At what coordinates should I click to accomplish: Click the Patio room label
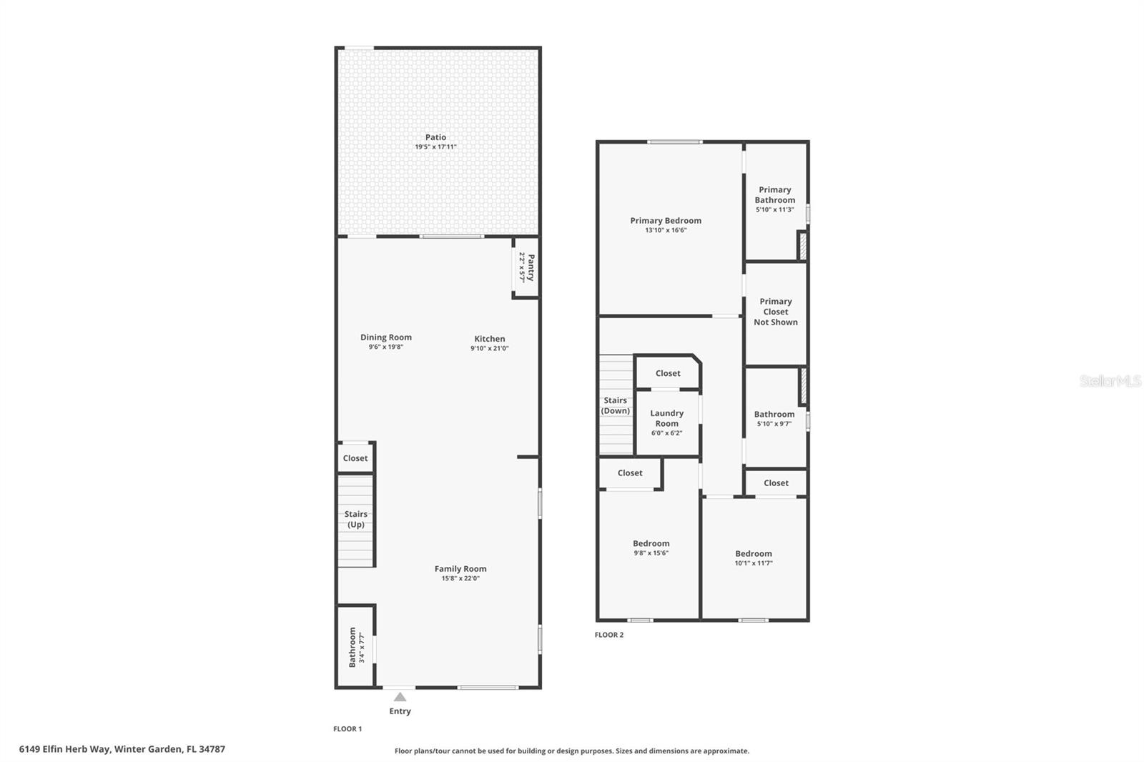coord(435,137)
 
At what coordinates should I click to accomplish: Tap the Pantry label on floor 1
coord(531,267)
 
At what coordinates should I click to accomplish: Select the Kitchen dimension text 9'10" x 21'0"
coord(489,349)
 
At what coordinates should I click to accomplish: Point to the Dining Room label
coord(385,337)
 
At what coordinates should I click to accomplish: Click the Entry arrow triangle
coord(400,697)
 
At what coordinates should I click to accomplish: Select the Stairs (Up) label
coord(355,519)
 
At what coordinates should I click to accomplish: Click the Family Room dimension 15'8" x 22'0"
coord(460,578)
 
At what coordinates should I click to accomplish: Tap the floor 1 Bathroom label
coord(352,647)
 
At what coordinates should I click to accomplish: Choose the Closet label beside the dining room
coord(355,458)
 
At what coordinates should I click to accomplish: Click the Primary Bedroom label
coord(665,221)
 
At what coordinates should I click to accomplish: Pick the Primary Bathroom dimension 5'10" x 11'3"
coord(774,210)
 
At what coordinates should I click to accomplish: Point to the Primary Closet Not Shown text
coord(775,312)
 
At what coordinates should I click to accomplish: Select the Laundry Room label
coord(666,418)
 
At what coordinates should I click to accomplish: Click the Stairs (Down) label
coord(615,405)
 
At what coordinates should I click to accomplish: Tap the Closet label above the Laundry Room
coord(667,373)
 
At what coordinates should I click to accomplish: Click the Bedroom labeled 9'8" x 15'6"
coord(651,543)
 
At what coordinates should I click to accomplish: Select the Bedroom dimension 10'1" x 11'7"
coord(753,563)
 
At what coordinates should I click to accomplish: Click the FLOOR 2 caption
coord(608,635)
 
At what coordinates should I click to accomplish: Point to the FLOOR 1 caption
coord(347,729)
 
